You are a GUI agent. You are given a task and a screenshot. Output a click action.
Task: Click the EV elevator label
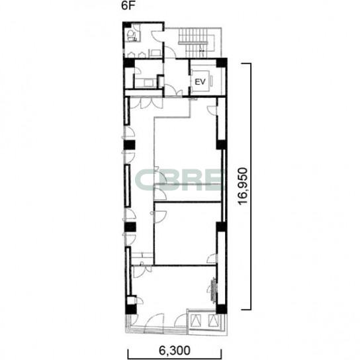pos(200,82)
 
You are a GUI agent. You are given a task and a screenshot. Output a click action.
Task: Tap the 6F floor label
pos(128,6)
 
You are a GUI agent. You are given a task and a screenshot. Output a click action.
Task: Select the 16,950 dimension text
pos(243,186)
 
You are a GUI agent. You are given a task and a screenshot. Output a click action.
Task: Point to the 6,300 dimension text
pos(175,351)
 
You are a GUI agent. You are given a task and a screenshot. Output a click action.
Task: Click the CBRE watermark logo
pos(179,180)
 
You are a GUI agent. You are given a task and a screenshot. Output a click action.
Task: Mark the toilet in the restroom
pos(131,35)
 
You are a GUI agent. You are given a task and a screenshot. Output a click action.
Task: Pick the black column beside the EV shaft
pos(222,63)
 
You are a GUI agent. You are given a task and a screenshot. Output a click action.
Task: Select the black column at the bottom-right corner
pos(222,309)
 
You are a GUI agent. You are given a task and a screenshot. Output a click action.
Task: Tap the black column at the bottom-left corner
pos(131,309)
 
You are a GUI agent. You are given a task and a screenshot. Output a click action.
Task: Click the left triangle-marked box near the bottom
pos(196,320)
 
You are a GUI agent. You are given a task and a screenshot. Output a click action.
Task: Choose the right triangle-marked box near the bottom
pos(213,320)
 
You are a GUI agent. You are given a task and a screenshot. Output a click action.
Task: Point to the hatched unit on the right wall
pos(214,290)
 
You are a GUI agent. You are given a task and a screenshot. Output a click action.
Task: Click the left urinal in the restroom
pos(130,55)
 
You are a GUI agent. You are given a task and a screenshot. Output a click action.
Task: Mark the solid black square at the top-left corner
pos(126,24)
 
